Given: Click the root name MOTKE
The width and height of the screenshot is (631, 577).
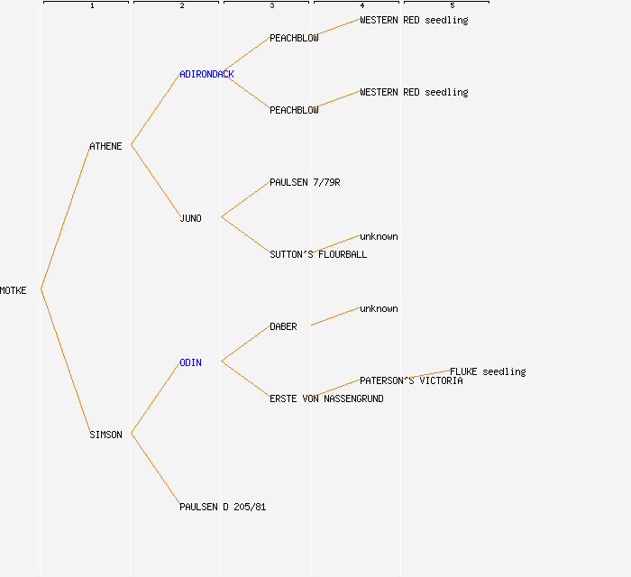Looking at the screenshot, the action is (13, 290).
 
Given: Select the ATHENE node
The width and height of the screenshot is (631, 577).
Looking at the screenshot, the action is (105, 146).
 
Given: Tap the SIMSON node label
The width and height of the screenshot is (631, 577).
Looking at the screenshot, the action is (105, 435).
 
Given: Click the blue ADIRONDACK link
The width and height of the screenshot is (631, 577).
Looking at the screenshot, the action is (206, 74).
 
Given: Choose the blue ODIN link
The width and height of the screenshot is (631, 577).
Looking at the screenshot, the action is (190, 362).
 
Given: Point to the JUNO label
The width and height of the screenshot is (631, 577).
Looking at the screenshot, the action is (190, 218).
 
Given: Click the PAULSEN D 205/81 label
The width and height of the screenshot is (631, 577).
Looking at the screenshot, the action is (223, 507).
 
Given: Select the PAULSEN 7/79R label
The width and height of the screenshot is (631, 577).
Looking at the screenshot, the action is (305, 182).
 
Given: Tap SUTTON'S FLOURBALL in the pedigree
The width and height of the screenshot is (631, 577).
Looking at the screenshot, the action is (318, 254).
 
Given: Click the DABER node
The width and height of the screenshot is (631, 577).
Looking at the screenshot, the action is (283, 326).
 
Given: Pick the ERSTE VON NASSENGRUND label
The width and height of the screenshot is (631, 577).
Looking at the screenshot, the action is (326, 398).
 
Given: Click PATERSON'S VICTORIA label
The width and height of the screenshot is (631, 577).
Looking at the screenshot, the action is (411, 380).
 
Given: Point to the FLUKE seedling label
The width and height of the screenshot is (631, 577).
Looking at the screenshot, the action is (488, 371).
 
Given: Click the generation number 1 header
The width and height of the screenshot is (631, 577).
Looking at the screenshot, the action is (92, 5).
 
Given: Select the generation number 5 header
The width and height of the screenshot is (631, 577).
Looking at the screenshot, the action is (453, 5).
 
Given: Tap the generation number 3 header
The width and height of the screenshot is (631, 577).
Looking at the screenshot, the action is (272, 5).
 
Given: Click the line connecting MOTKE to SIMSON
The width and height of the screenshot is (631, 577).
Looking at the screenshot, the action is (66, 362).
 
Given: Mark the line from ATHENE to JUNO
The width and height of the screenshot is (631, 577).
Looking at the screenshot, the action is (156, 181).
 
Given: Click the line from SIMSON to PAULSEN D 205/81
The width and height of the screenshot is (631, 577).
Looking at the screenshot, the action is (156, 470).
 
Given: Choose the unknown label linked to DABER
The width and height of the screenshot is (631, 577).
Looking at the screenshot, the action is (379, 308).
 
